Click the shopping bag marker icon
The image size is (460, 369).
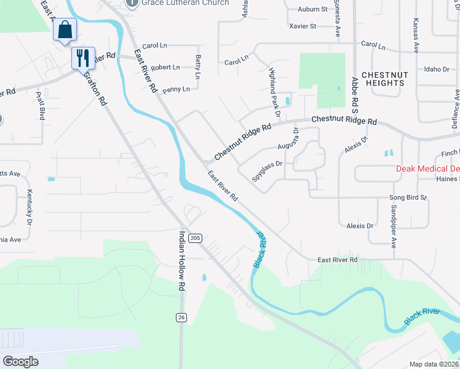click(65, 30)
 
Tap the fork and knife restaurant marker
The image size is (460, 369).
click(82, 58)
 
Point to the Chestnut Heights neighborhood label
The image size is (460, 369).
click(383, 79)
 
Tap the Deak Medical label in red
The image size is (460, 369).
click(427, 169)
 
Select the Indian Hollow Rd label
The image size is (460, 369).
click(181, 260)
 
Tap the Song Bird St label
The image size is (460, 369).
click(408, 197)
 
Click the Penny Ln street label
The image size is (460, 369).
click(176, 89)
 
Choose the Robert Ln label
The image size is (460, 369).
click(165, 67)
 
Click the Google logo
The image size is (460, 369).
click(20, 361)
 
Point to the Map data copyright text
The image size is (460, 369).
click(434, 364)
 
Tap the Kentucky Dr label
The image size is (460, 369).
click(28, 206)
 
